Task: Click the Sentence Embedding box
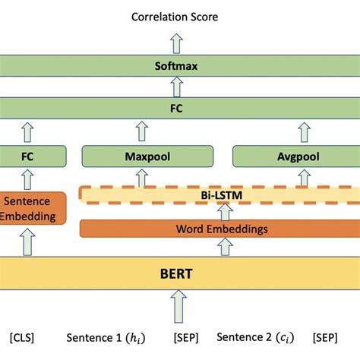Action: coord(30,209)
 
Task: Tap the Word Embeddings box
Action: coord(220,229)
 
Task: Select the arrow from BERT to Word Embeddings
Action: coord(225,247)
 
